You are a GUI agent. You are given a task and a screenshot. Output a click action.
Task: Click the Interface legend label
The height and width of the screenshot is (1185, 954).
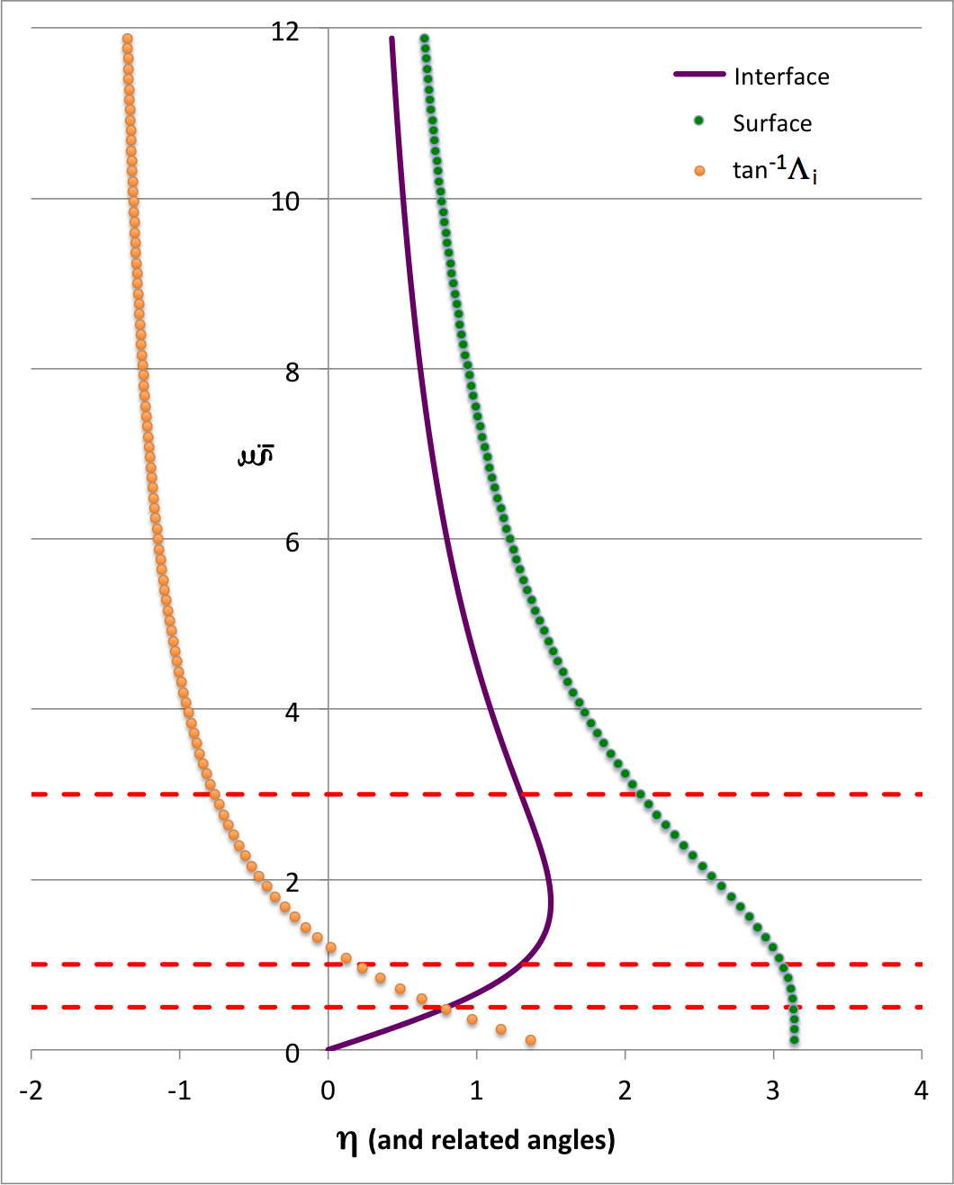781,76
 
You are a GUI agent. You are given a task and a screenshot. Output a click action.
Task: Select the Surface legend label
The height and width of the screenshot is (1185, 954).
772,123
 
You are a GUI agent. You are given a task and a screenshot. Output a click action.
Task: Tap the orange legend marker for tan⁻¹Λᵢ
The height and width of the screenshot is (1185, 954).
699,170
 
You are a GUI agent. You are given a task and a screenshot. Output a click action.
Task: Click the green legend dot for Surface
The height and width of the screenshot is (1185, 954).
698,121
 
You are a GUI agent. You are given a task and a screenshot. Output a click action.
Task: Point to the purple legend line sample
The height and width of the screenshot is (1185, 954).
699,75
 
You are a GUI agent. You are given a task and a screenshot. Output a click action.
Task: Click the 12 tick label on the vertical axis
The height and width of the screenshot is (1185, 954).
285,31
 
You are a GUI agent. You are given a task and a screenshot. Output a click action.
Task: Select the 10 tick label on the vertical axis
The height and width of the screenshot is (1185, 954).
285,202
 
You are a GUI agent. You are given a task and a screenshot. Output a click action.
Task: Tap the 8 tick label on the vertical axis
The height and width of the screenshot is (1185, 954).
292,372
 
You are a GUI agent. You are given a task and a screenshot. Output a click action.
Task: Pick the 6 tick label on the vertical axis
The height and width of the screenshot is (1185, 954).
292,542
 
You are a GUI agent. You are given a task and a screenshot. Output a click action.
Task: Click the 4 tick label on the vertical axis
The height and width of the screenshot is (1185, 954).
292,712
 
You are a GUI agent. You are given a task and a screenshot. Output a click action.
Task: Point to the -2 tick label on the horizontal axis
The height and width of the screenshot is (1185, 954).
31,1091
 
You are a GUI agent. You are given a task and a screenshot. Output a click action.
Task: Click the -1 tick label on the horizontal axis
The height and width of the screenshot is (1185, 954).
179,1091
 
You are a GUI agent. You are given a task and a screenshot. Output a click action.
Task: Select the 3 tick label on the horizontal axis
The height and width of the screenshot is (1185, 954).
773,1091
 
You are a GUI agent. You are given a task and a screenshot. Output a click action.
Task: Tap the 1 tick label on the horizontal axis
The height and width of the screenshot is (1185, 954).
476,1091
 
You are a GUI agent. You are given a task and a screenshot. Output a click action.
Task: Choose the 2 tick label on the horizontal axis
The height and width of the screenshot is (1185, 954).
625,1091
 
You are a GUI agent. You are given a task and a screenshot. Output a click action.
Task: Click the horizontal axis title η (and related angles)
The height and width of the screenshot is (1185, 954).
476,1140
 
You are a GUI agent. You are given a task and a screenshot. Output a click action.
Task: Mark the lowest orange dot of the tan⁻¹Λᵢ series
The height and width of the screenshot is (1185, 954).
530,1040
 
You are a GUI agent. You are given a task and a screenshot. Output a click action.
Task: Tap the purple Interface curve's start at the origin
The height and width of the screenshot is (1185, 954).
329,1049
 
